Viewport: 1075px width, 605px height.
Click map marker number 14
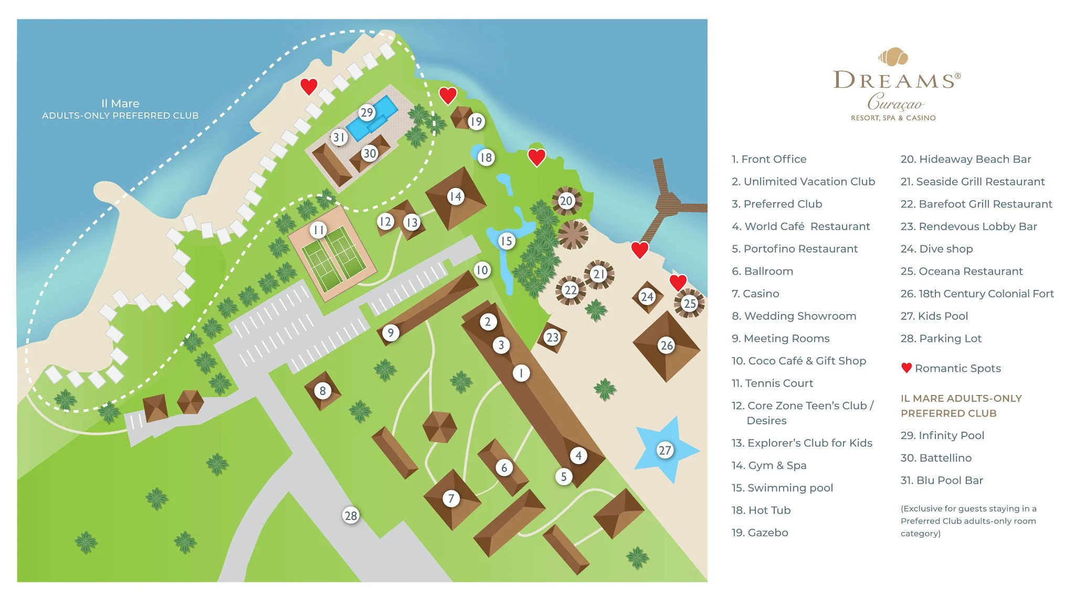(x=455, y=196)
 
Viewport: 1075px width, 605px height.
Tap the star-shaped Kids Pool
(x=665, y=450)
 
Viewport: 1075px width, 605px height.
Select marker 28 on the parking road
(x=351, y=515)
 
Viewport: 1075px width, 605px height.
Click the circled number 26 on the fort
(x=667, y=345)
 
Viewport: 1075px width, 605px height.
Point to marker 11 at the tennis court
(x=318, y=230)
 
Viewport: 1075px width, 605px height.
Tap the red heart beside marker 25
(x=678, y=282)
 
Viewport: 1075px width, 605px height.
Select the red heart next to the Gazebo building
(x=447, y=95)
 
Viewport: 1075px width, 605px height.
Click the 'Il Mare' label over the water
(x=120, y=103)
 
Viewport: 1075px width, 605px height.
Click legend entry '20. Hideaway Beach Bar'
(x=965, y=159)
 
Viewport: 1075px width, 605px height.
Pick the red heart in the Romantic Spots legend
(x=906, y=368)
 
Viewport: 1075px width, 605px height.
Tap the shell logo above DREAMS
(x=893, y=56)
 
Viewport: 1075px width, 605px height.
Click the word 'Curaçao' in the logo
(x=894, y=101)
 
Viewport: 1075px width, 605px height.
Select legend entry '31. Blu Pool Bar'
(x=942, y=480)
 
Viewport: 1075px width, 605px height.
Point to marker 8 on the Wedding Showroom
(x=322, y=390)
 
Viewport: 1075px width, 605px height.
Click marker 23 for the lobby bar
(x=552, y=337)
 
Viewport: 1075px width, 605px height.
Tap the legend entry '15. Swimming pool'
(x=782, y=488)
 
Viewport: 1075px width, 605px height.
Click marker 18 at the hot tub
(x=486, y=157)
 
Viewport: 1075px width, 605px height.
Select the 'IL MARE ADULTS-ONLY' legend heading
(x=961, y=398)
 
